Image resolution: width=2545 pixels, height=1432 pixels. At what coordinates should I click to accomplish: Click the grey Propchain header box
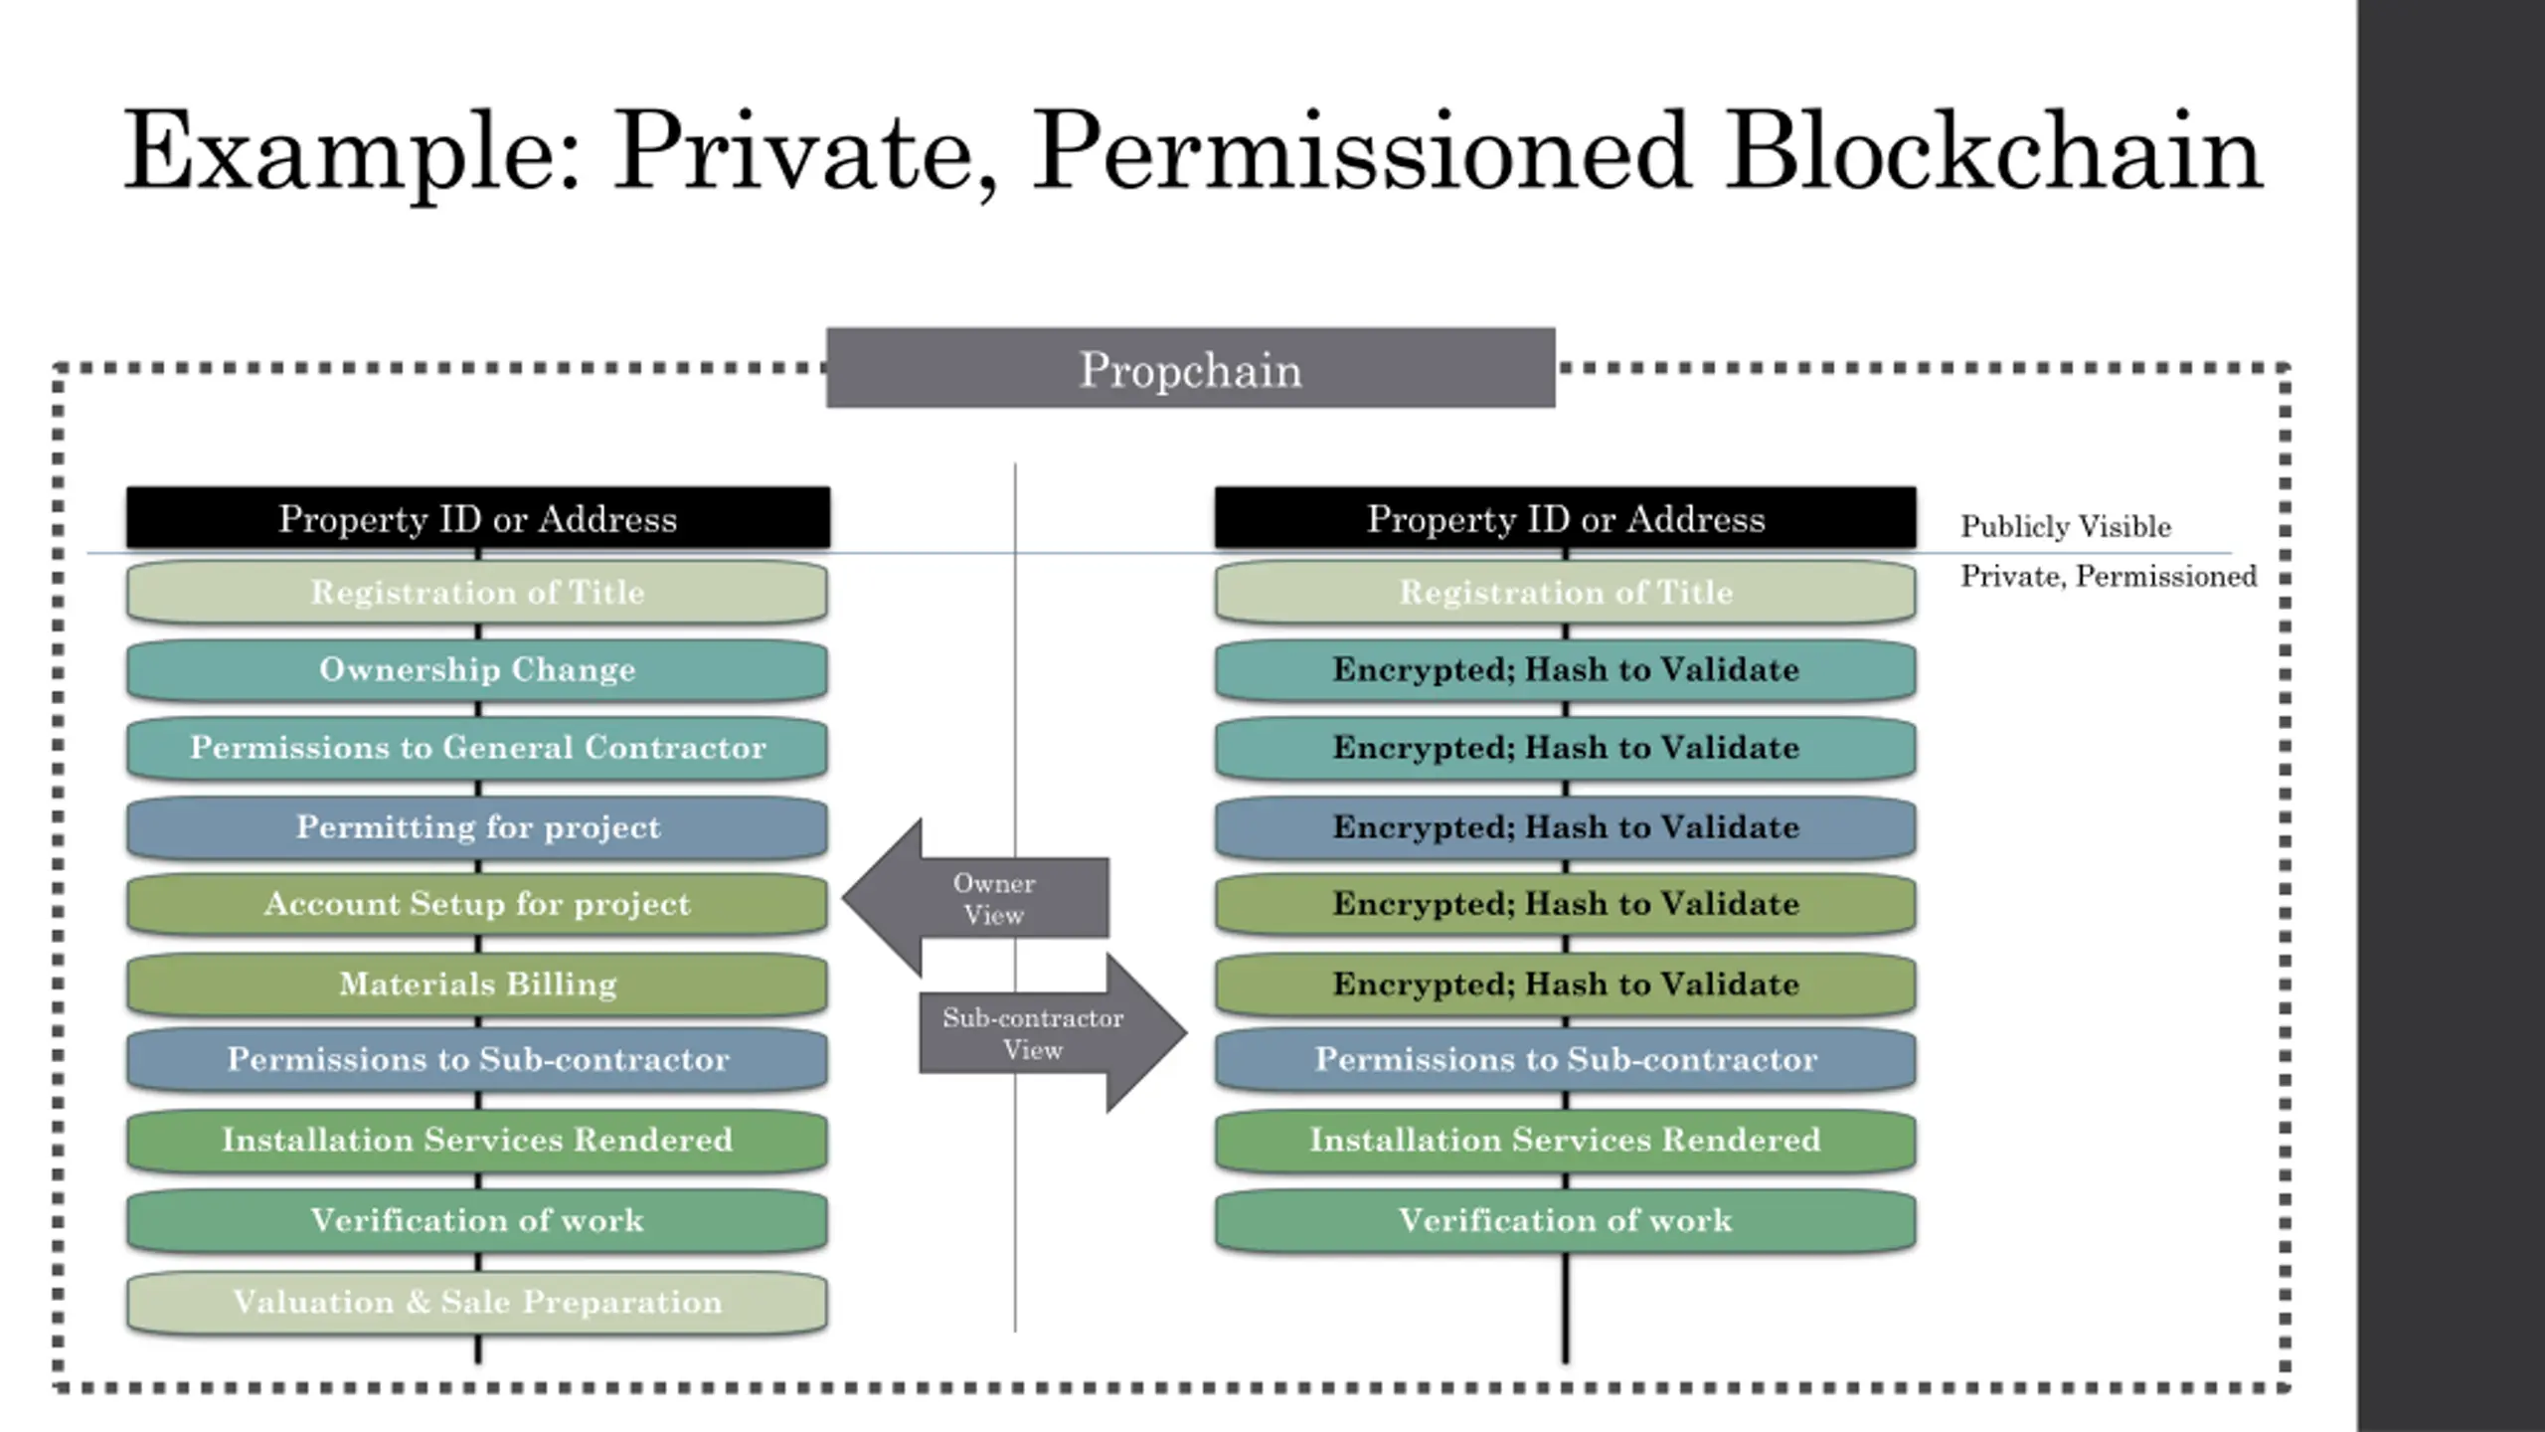[1190, 368]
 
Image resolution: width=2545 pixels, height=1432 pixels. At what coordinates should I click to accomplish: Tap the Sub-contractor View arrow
[1053, 1032]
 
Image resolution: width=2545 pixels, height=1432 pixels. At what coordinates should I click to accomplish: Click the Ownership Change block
[477, 670]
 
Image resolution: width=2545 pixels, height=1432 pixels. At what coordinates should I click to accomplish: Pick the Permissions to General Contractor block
[477, 748]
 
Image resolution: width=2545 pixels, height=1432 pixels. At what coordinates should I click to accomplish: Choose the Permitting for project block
[477, 827]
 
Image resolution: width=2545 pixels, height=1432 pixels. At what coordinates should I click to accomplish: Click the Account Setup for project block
[477, 904]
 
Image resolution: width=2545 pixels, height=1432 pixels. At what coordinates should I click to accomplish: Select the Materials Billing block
[477, 984]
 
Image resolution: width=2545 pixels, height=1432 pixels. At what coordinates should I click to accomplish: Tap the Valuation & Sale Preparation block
[477, 1302]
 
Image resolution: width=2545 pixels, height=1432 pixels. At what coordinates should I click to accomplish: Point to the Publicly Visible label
[2066, 526]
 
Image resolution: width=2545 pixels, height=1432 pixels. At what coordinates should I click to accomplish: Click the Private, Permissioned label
[2109, 576]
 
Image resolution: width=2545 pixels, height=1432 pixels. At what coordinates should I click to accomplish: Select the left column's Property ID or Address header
[478, 517]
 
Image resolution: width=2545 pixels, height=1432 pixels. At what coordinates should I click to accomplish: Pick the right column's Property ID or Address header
[1566, 517]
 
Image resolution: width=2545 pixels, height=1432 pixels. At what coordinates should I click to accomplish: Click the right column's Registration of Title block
[1566, 593]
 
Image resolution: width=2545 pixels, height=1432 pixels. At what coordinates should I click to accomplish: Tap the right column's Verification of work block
[1566, 1220]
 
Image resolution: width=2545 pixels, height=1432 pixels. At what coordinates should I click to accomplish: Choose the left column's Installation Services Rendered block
[477, 1140]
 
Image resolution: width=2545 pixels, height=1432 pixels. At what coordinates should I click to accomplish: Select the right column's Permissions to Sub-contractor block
[1566, 1059]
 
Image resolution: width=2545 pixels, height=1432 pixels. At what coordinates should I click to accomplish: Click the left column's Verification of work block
[477, 1220]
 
